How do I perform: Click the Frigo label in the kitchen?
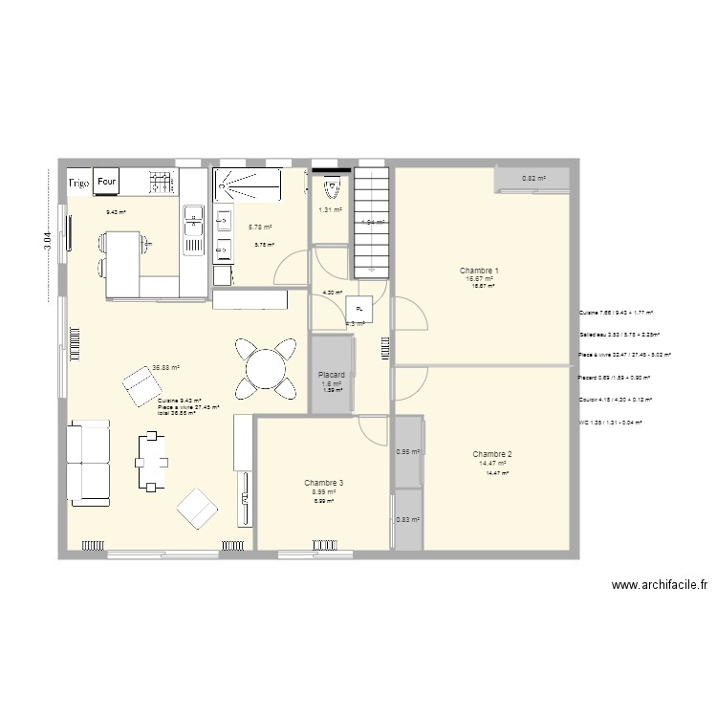point(78,181)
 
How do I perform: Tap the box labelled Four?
point(107,180)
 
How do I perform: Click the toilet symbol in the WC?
point(331,185)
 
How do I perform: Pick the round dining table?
point(261,364)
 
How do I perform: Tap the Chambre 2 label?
point(492,454)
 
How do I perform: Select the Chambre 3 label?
point(324,483)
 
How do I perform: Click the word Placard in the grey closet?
point(331,375)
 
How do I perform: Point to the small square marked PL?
point(359,308)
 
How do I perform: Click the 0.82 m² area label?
point(533,179)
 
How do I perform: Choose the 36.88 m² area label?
point(165,367)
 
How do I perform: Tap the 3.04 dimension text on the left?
point(47,236)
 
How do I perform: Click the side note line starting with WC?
point(610,422)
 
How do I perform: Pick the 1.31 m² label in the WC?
point(331,210)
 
